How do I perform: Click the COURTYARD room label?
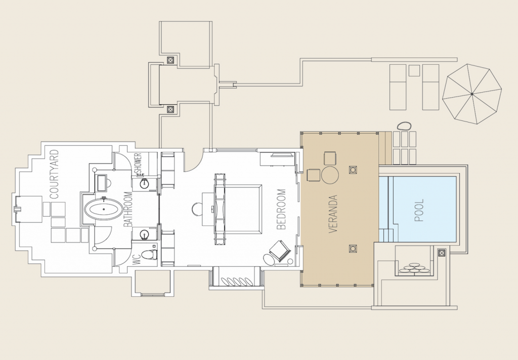(x=54, y=174)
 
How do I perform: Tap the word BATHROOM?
(x=128, y=209)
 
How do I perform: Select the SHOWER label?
(x=139, y=163)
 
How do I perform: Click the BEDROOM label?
(x=281, y=209)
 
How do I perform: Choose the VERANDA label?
(x=333, y=214)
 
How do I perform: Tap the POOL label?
(x=419, y=210)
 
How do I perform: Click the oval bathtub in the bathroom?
(x=103, y=210)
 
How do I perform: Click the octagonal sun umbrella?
(x=472, y=94)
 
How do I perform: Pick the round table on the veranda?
(x=330, y=175)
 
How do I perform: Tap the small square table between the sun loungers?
(x=414, y=70)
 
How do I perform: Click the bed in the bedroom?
(x=239, y=209)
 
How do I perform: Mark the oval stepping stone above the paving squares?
(x=404, y=126)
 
